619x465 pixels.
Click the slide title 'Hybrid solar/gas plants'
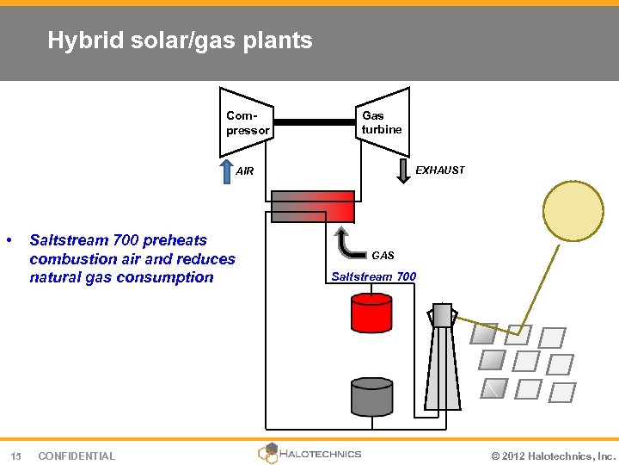click(x=180, y=40)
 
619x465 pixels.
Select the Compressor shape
click(x=247, y=121)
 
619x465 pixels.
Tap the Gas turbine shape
click(x=382, y=121)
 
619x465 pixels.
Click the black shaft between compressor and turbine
click(x=314, y=122)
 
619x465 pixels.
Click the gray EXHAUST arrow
click(x=402, y=170)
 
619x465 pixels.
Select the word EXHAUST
click(x=439, y=170)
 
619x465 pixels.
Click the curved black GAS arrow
click(x=348, y=244)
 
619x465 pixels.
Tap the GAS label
click(x=383, y=256)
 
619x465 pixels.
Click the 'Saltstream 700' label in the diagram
click(x=373, y=276)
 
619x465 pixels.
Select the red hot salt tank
click(x=371, y=313)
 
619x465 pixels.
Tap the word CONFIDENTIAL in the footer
click(x=77, y=456)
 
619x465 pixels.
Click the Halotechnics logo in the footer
click(x=309, y=453)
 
